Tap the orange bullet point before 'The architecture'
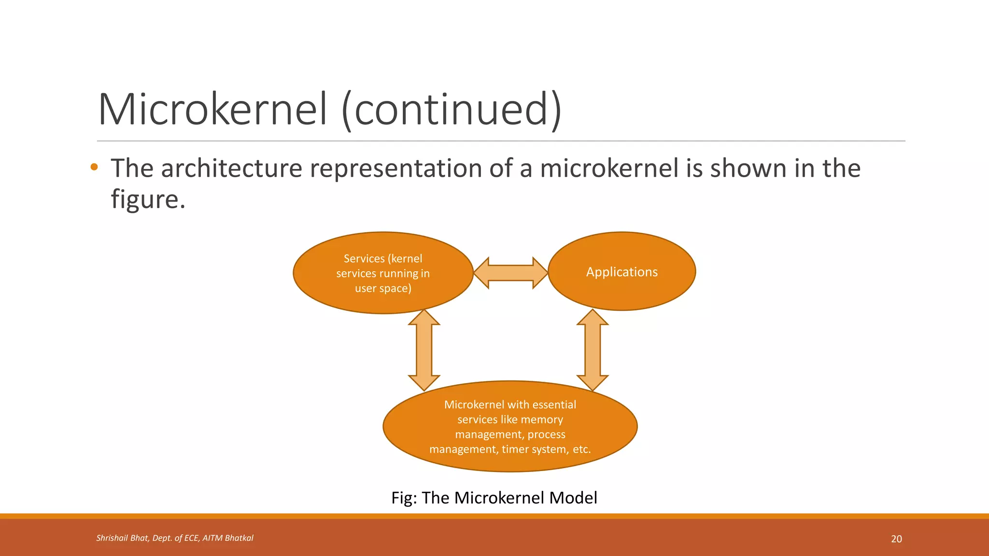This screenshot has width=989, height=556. pyautogui.click(x=94, y=167)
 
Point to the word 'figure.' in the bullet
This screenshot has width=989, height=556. pyautogui.click(x=148, y=199)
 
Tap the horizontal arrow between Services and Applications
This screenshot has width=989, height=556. pyautogui.click(x=510, y=273)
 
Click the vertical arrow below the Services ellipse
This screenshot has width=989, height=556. pyautogui.click(x=424, y=350)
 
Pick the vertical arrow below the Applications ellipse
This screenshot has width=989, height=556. pyautogui.click(x=593, y=350)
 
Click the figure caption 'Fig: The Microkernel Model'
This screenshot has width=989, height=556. pyautogui.click(x=494, y=498)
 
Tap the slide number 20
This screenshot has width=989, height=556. pyautogui.click(x=896, y=539)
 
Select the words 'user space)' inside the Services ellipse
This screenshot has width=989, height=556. pyautogui.click(x=383, y=289)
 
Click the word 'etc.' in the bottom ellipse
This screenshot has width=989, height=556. pyautogui.click(x=581, y=449)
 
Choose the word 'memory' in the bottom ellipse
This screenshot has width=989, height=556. pyautogui.click(x=541, y=420)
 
